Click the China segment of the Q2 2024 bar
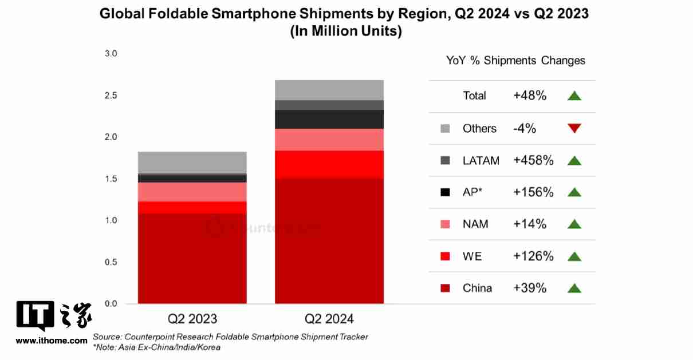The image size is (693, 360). pyautogui.click(x=329, y=240)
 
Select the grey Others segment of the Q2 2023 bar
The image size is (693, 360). pyautogui.click(x=192, y=162)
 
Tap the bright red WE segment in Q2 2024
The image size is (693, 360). pyautogui.click(x=329, y=164)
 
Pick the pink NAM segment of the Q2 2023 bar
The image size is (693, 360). pyautogui.click(x=192, y=192)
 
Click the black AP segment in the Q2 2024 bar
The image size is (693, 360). pyautogui.click(x=329, y=119)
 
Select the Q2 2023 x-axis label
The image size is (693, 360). pyautogui.click(x=192, y=319)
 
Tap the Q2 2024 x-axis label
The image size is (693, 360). pyautogui.click(x=329, y=319)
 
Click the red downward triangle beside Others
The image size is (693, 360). pyautogui.click(x=574, y=128)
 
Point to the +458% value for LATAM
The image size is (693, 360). pyautogui.click(x=533, y=160)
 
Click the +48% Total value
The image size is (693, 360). pyautogui.click(x=530, y=96)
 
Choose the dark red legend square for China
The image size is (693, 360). pyautogui.click(x=445, y=288)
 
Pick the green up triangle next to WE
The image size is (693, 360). pyautogui.click(x=574, y=256)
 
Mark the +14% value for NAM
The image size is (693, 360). pyautogui.click(x=530, y=224)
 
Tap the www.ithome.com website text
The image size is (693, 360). pyautogui.click(x=52, y=341)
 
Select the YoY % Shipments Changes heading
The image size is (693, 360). pyautogui.click(x=515, y=60)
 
